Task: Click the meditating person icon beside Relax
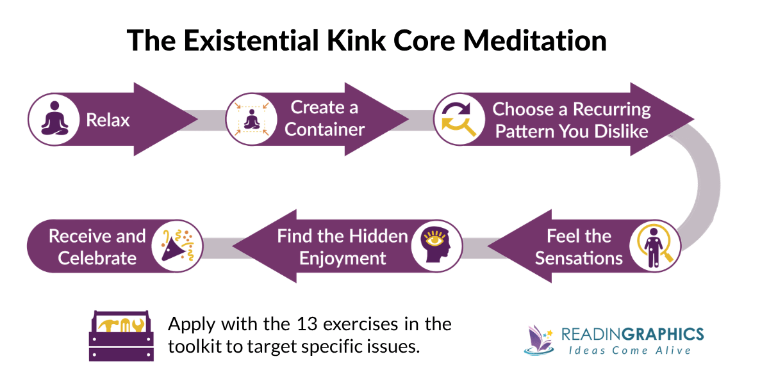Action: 54,119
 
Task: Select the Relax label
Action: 108,120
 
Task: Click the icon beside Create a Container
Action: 252,119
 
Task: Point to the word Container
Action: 324,129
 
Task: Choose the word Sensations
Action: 579,258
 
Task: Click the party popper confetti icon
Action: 177,246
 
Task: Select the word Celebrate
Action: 97,258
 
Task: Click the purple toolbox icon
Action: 120,335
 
